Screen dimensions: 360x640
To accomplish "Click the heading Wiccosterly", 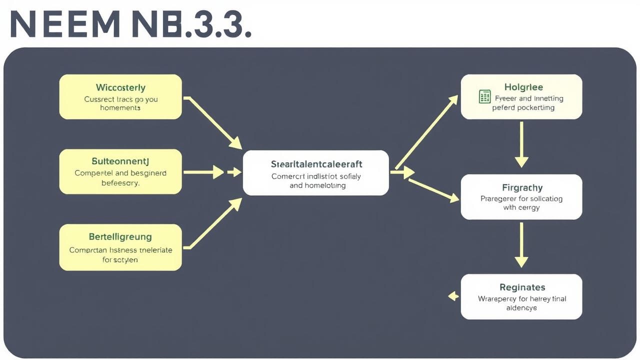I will [x=120, y=87].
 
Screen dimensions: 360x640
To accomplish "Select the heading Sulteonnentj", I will [x=120, y=161].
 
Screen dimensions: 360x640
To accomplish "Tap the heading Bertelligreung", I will [x=120, y=236].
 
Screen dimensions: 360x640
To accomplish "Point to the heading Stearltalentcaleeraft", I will [x=316, y=164].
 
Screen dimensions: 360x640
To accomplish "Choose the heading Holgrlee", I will [x=523, y=87].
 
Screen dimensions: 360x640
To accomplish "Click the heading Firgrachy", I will [x=522, y=187].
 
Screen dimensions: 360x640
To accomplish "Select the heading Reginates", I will [x=522, y=287].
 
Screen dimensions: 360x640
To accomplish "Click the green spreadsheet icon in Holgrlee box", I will [x=484, y=96].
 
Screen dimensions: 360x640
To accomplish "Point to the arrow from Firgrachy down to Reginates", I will [x=521, y=244].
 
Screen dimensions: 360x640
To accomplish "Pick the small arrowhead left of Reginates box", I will [x=453, y=296].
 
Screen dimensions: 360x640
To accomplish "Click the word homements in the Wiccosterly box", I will [x=120, y=108].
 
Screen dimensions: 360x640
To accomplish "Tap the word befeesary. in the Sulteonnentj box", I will [x=120, y=183].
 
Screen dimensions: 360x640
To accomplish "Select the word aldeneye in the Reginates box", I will [x=521, y=308].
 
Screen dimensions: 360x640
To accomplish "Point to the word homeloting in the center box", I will [x=324, y=185].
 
